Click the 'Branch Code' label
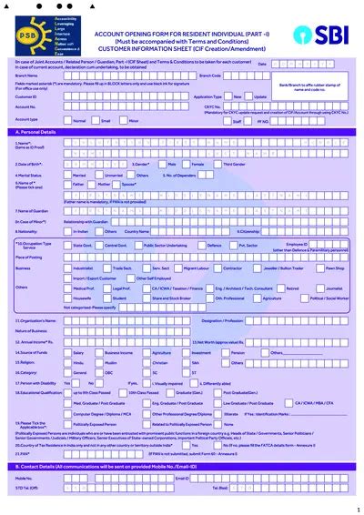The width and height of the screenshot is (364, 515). (x=210, y=76)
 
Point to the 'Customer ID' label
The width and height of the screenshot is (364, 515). (x=25, y=96)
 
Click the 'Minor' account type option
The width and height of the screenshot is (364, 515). (x=134, y=119)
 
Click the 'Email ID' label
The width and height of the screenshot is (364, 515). (x=181, y=477)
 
